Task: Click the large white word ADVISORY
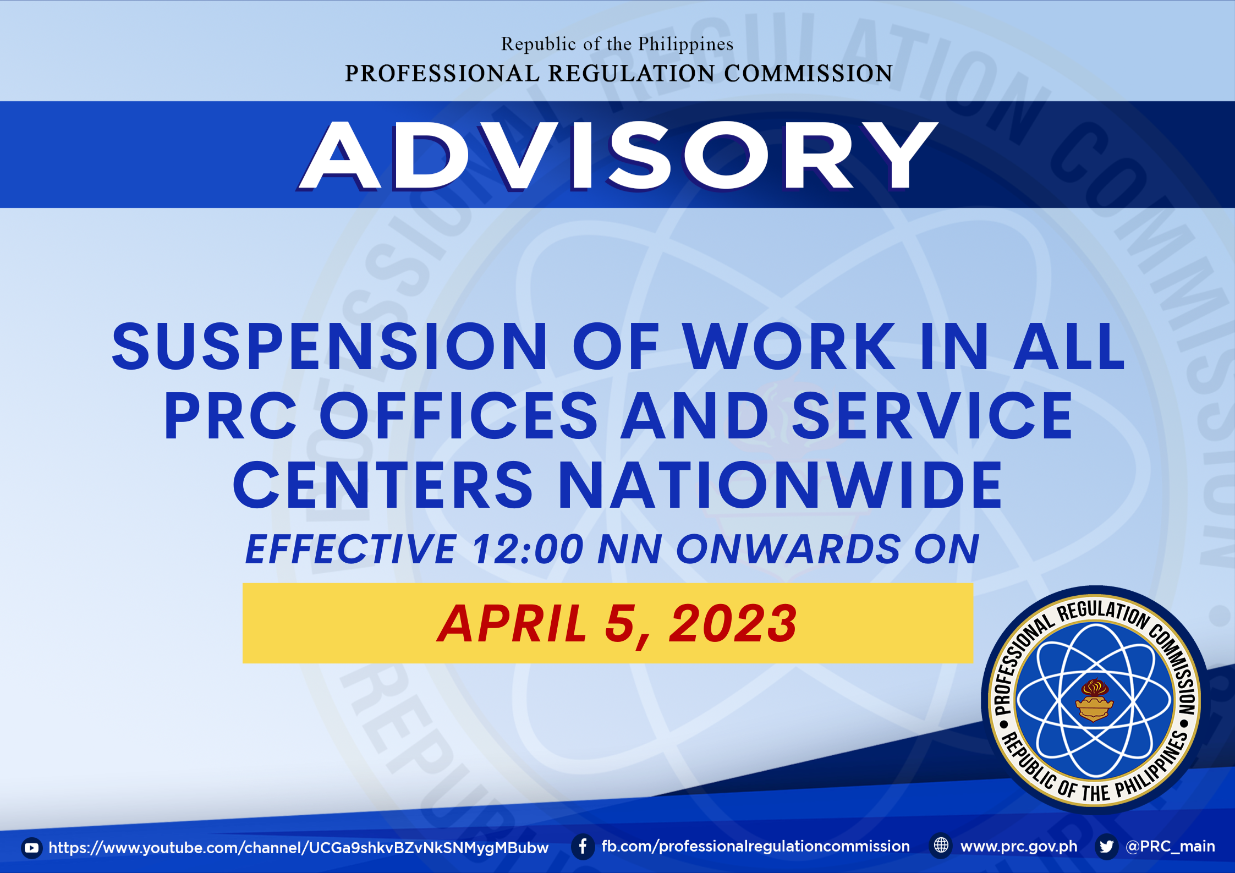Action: point(618,156)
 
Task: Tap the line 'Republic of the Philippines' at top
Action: point(617,44)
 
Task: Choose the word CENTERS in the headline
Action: point(383,485)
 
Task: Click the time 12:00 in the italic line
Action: point(528,549)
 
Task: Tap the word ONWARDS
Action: point(788,549)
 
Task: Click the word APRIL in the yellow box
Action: point(512,623)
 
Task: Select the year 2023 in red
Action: point(733,623)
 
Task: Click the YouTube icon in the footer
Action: point(32,848)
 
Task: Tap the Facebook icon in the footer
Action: point(583,846)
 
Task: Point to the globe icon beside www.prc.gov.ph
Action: point(941,845)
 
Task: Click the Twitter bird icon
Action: point(1107,846)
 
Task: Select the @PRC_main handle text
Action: point(1171,846)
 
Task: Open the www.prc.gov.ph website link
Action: point(1019,847)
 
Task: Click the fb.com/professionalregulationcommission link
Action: point(756,847)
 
